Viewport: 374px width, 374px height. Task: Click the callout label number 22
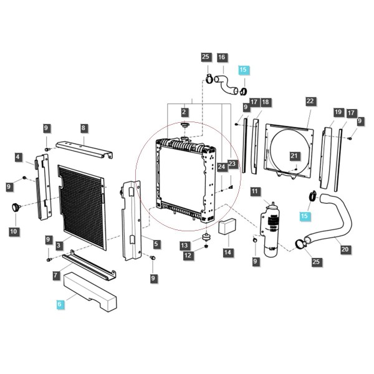tap(310, 101)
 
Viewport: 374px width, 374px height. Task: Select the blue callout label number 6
tap(59, 304)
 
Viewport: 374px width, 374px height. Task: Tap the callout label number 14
tap(228, 252)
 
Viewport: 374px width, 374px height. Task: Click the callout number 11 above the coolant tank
tap(255, 191)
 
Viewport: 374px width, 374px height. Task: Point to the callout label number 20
tap(345, 249)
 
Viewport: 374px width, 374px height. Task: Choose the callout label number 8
tap(84, 128)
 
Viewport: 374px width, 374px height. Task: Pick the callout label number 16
tap(221, 57)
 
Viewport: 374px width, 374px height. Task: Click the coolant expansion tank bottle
tap(271, 229)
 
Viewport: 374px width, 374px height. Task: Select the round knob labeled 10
tap(16, 207)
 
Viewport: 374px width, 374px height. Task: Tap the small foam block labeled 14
tap(228, 227)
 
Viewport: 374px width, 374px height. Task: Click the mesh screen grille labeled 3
tap(82, 206)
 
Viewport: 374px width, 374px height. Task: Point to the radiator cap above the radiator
tap(185, 125)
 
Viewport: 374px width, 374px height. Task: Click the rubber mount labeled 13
tap(206, 237)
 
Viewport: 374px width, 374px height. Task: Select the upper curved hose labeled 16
tap(226, 85)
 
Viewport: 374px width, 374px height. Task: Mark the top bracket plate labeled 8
tap(84, 150)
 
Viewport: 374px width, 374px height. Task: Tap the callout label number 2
tap(184, 112)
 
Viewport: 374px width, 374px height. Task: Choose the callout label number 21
tap(294, 156)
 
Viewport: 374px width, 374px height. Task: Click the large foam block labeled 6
tap(90, 292)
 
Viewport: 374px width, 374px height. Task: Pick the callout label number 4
tap(18, 158)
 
